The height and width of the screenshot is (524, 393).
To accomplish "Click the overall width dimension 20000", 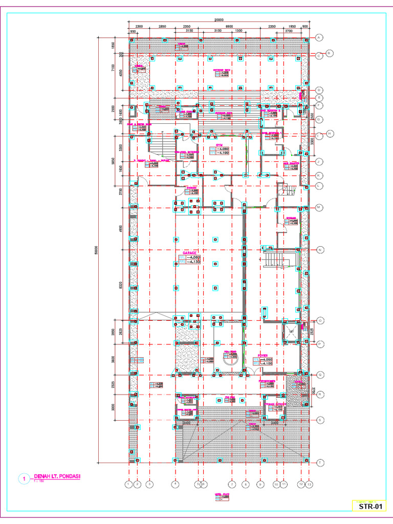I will (x=219, y=20).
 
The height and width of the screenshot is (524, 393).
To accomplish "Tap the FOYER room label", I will (x=263, y=354).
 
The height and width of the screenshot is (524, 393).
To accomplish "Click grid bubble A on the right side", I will (x=320, y=37).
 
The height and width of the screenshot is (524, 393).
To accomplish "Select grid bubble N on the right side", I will (x=320, y=250).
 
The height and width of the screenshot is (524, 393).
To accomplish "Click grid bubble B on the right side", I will (x=330, y=53).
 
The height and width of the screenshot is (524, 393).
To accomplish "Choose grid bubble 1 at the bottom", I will (x=129, y=483).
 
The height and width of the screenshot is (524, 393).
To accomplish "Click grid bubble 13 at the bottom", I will (x=309, y=483).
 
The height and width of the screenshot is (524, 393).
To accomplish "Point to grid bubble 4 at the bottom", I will (x=176, y=483).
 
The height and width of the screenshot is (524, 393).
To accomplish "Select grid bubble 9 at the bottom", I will (x=260, y=483).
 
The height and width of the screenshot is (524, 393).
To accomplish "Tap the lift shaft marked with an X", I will (x=291, y=332).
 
